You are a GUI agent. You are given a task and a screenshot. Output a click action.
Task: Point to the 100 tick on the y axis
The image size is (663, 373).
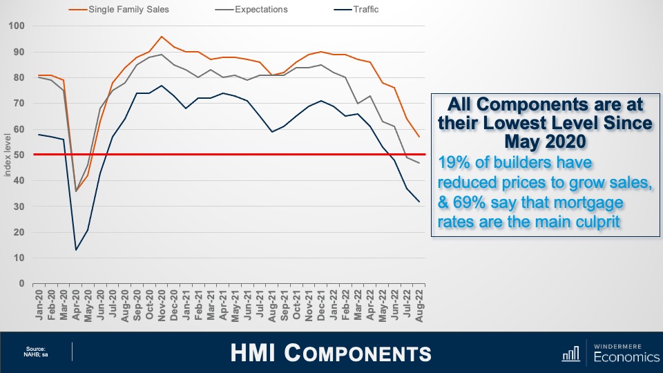click(x=17, y=26)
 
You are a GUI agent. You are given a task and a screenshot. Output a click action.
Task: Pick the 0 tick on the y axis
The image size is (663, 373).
click(x=21, y=283)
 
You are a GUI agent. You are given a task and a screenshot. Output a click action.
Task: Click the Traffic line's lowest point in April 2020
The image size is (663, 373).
click(x=76, y=250)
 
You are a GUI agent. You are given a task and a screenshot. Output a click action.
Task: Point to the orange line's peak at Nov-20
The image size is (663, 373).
click(x=162, y=37)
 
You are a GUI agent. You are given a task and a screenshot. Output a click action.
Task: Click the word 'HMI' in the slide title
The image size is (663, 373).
click(x=254, y=353)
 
